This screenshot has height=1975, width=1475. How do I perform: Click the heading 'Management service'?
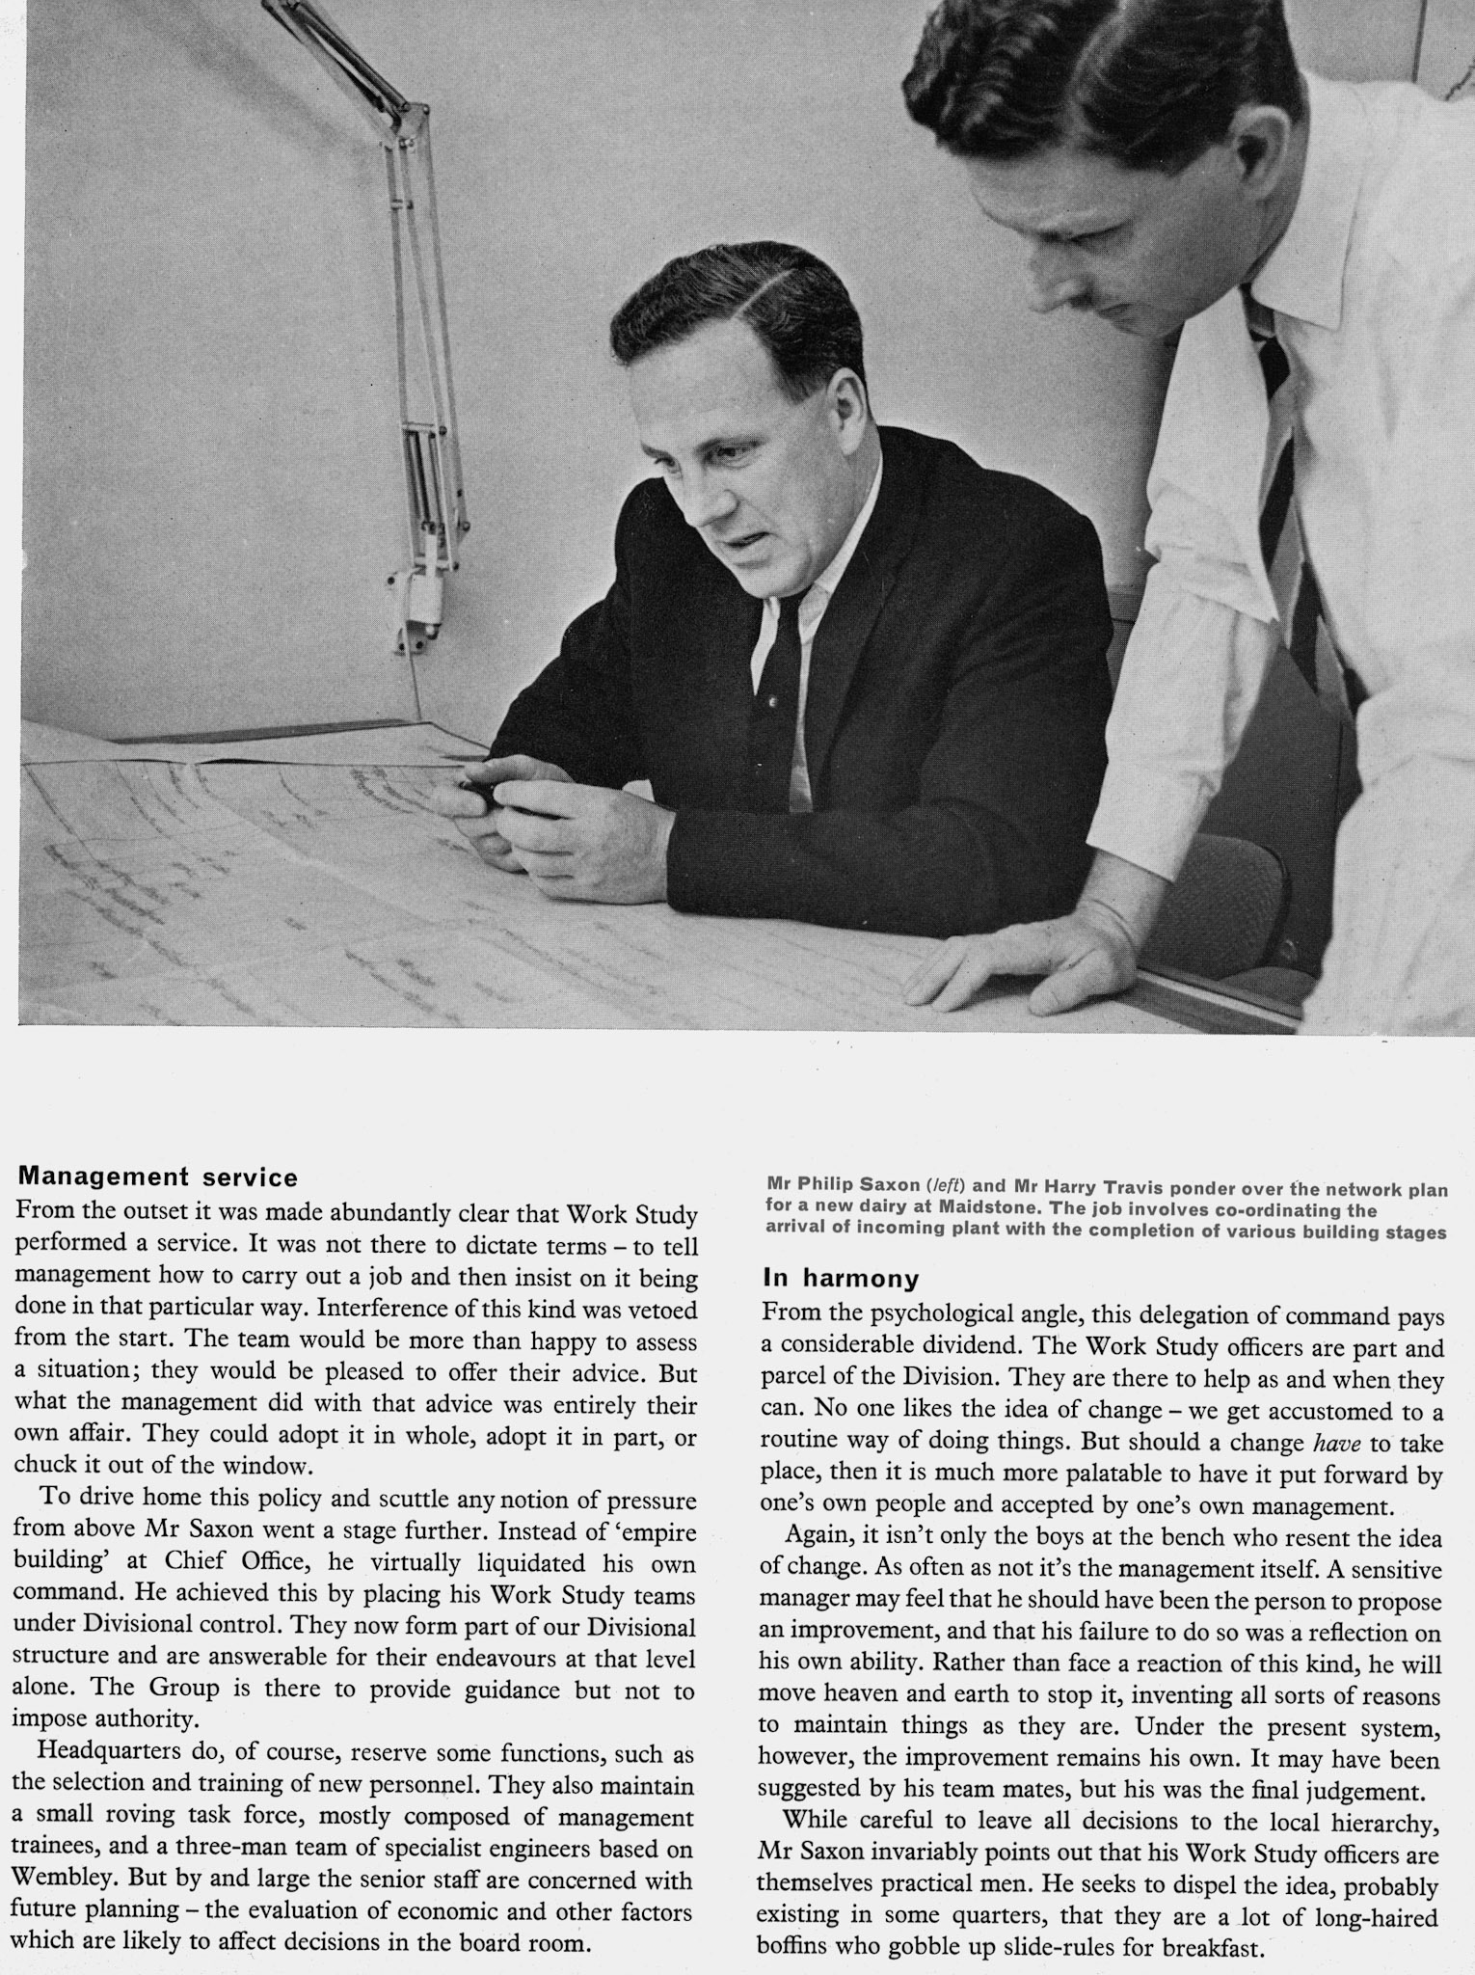coord(158,1177)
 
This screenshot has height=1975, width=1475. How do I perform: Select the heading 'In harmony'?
coord(841,1279)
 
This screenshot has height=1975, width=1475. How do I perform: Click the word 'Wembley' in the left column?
coord(66,1880)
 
